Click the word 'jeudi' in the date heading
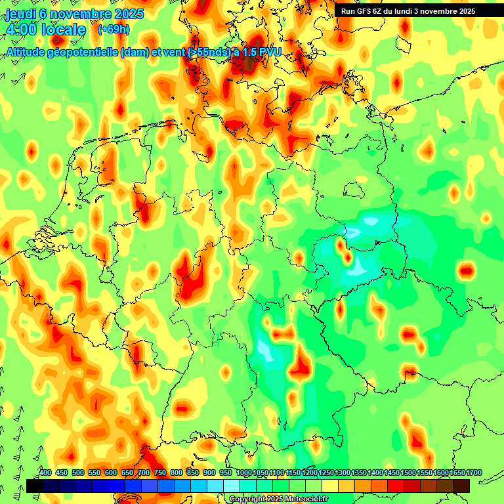point(20,14)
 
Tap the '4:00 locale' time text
point(45,30)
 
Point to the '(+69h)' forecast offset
point(114,30)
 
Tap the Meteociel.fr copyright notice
point(279,499)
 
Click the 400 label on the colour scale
point(45,473)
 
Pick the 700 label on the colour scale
point(144,473)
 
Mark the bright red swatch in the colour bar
point(396,486)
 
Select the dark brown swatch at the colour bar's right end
point(461,486)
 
